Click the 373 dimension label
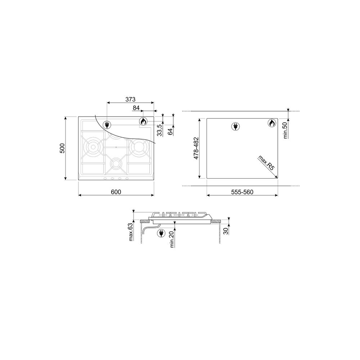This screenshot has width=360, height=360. [130, 99]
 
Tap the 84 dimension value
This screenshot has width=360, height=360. [136, 108]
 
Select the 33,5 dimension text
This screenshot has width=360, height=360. [160, 130]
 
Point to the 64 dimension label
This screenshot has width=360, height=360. [170, 132]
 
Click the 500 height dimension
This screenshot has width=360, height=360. [62, 148]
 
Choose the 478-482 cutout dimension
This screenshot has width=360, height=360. [196, 148]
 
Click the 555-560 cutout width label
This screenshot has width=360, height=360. [242, 192]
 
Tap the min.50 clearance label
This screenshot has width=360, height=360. [285, 130]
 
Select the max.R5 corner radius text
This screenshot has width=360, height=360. [266, 163]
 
